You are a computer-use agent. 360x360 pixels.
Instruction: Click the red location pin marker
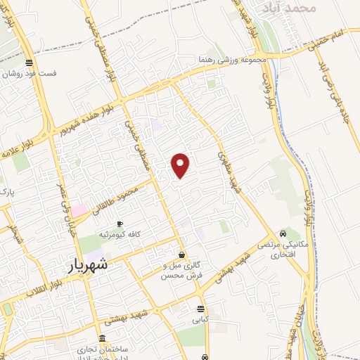coord(181,165)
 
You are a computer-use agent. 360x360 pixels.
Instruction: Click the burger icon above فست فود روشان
coord(28,61)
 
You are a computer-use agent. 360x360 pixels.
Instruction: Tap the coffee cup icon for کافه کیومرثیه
coord(120,224)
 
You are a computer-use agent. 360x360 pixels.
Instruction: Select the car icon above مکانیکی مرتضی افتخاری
coord(283,233)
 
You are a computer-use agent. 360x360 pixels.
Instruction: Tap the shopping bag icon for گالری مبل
coord(182,255)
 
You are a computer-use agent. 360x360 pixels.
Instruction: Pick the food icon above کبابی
coord(201,309)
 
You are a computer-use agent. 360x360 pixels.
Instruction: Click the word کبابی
coord(201,319)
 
